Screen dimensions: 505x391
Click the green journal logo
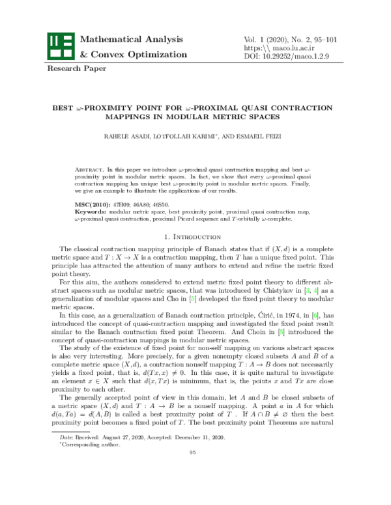(x=60, y=46)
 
